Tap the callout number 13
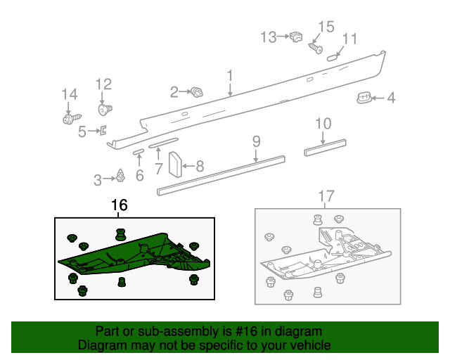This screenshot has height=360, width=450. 269,37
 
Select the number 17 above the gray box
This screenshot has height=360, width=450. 327,196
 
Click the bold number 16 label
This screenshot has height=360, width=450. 120,205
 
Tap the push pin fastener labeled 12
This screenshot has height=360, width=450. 105,109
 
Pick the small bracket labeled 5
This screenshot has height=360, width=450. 103,129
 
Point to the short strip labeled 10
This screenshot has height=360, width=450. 325,148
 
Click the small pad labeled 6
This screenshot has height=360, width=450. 139,150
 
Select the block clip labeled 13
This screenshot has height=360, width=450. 295,37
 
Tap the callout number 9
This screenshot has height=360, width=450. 257,141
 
